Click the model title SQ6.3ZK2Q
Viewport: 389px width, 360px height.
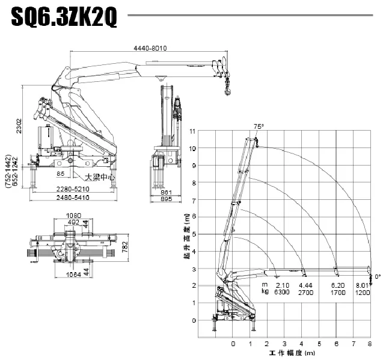point(64,18)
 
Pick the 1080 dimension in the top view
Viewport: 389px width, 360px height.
point(73,216)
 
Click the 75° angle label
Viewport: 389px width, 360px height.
point(259,126)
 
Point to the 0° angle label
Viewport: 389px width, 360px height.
point(378,276)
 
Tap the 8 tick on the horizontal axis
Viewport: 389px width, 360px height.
point(370,344)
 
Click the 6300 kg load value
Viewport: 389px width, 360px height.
point(282,292)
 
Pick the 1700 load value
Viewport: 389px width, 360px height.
point(337,292)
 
